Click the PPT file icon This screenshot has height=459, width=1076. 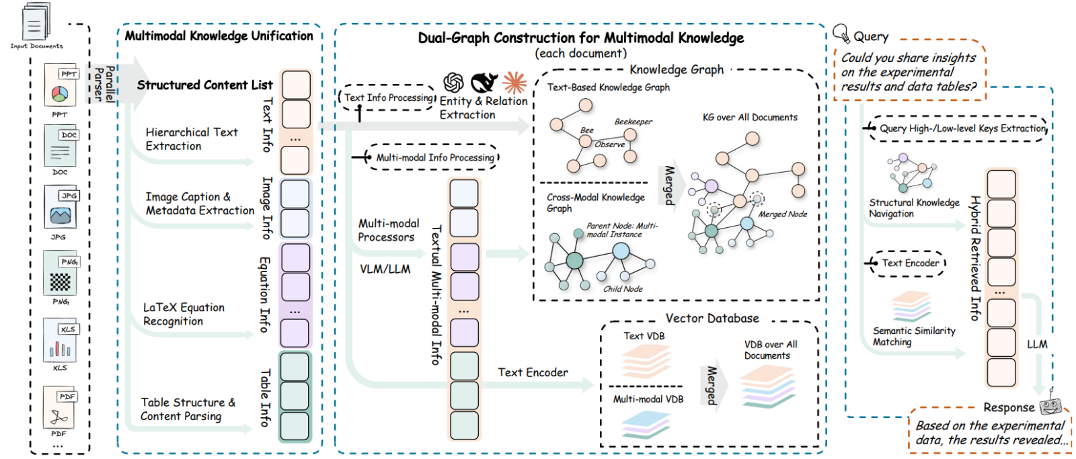click(61, 85)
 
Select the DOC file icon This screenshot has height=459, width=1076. click(61, 146)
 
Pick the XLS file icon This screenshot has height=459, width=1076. click(61, 340)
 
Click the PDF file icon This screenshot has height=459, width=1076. click(59, 407)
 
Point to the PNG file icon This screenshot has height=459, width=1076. click(61, 273)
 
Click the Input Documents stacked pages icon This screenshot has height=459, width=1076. click(36, 22)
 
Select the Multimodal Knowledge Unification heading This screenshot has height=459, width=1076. click(219, 36)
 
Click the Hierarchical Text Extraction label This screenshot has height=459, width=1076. click(191, 139)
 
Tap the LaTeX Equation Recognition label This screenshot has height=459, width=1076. click(184, 314)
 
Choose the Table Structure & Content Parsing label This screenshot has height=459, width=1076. click(188, 409)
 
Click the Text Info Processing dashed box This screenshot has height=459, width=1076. click(388, 98)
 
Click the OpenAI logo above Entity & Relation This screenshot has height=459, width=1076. click(454, 83)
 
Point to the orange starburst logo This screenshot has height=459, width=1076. click(514, 83)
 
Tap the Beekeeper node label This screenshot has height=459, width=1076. click(633, 122)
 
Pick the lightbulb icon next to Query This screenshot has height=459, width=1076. click(841, 33)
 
